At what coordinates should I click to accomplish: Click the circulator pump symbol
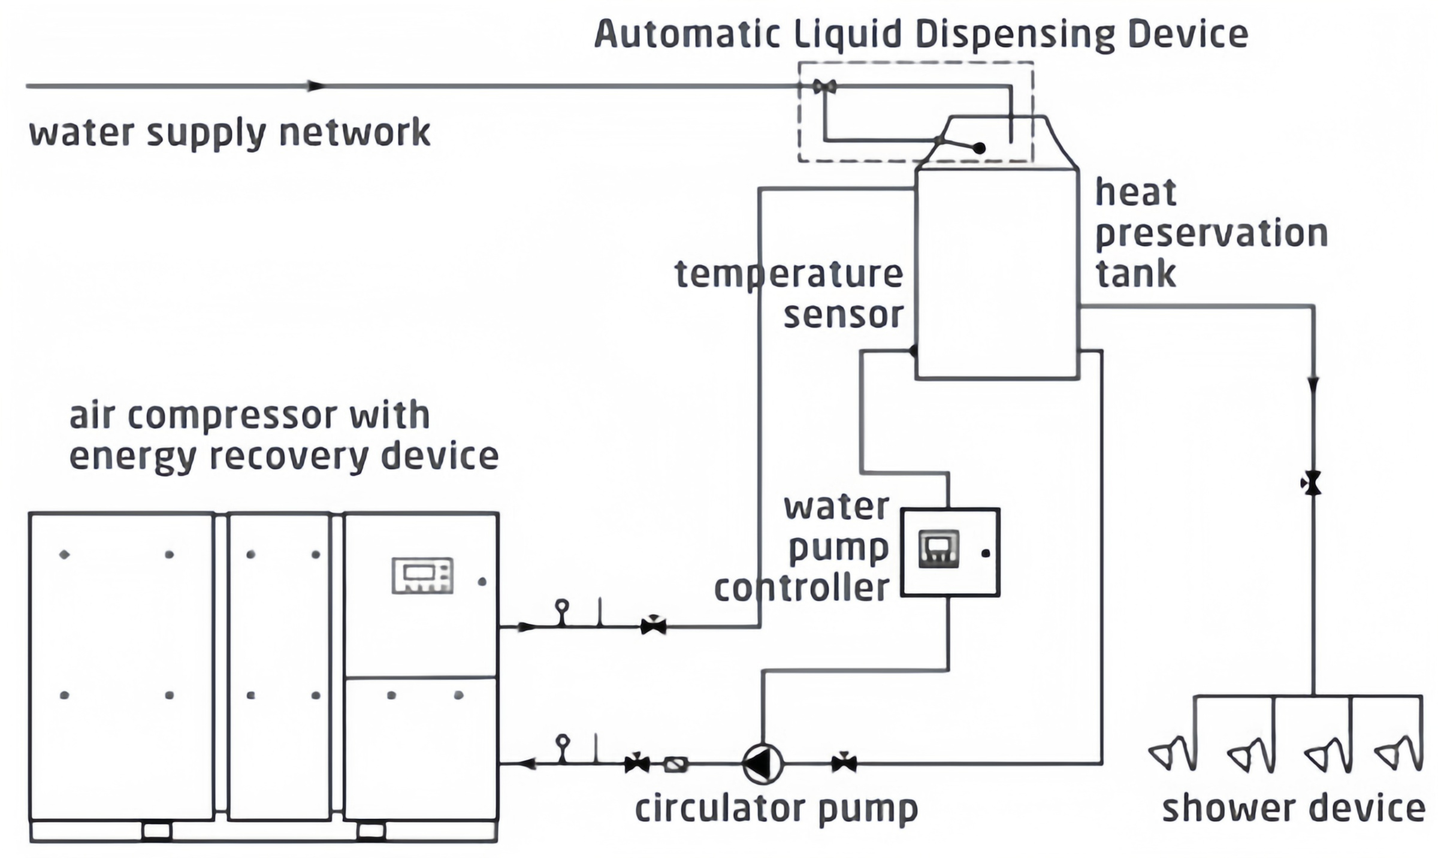(762, 764)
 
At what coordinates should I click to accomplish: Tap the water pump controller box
(950, 552)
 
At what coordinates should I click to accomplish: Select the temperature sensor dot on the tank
(914, 351)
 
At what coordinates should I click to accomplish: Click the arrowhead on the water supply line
(316, 86)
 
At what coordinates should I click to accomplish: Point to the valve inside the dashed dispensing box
(824, 87)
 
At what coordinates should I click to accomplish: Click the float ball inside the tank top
(979, 148)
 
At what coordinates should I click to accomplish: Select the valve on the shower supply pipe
(1312, 483)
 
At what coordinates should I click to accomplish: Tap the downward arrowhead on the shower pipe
(1313, 384)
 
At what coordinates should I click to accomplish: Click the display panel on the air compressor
(422, 576)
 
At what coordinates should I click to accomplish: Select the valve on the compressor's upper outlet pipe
(653, 627)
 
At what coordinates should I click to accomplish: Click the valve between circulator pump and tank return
(844, 763)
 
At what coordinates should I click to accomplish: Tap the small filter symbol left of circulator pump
(676, 765)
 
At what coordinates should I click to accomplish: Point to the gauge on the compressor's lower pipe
(563, 743)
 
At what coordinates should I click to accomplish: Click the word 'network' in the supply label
(355, 132)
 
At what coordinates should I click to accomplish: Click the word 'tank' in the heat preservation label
(1135, 274)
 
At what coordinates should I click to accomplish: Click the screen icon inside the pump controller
(938, 549)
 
